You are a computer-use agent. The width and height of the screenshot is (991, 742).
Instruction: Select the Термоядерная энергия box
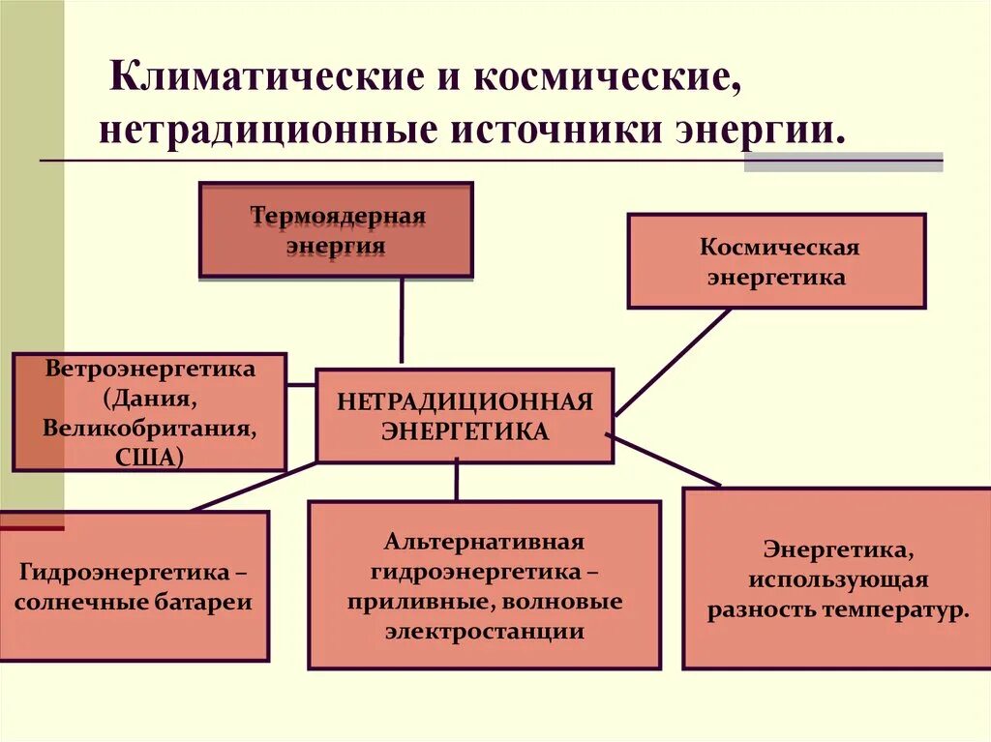336,230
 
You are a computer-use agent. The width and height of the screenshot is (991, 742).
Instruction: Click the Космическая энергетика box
777,261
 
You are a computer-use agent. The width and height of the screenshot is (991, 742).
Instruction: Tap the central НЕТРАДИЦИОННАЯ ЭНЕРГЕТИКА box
465,415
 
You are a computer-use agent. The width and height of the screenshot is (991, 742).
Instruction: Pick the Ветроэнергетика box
150,412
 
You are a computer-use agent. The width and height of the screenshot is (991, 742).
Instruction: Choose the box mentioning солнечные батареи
134,586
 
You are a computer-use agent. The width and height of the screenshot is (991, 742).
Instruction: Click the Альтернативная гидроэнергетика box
484,585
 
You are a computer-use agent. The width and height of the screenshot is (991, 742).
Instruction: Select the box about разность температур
837,579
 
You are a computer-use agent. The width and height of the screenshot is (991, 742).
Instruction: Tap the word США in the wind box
151,455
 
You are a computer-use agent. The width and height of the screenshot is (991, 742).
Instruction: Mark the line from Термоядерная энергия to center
401,319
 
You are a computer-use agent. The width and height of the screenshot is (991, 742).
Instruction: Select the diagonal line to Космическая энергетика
673,363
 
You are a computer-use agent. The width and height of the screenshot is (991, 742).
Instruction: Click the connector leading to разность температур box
668,461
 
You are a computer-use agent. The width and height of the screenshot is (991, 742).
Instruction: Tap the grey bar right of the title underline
843,162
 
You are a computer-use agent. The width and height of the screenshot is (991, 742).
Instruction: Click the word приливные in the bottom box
417,602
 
